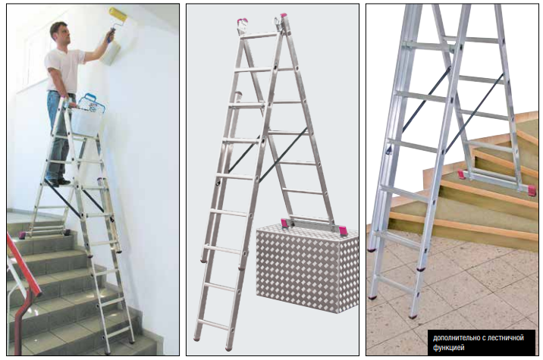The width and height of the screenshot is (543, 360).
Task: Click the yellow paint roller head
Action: (x=118, y=16)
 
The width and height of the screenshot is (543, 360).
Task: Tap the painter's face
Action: (x=64, y=35)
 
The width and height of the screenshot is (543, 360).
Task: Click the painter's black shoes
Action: (x=58, y=182)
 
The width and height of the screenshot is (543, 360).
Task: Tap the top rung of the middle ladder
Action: (x=259, y=36)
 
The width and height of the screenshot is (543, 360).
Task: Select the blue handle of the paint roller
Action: (x=111, y=36)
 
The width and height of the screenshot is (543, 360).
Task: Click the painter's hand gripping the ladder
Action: (x=71, y=102)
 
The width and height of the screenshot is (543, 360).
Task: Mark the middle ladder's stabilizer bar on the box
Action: (x=313, y=226)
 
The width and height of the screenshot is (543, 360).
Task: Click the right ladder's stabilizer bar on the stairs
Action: (x=496, y=181)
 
